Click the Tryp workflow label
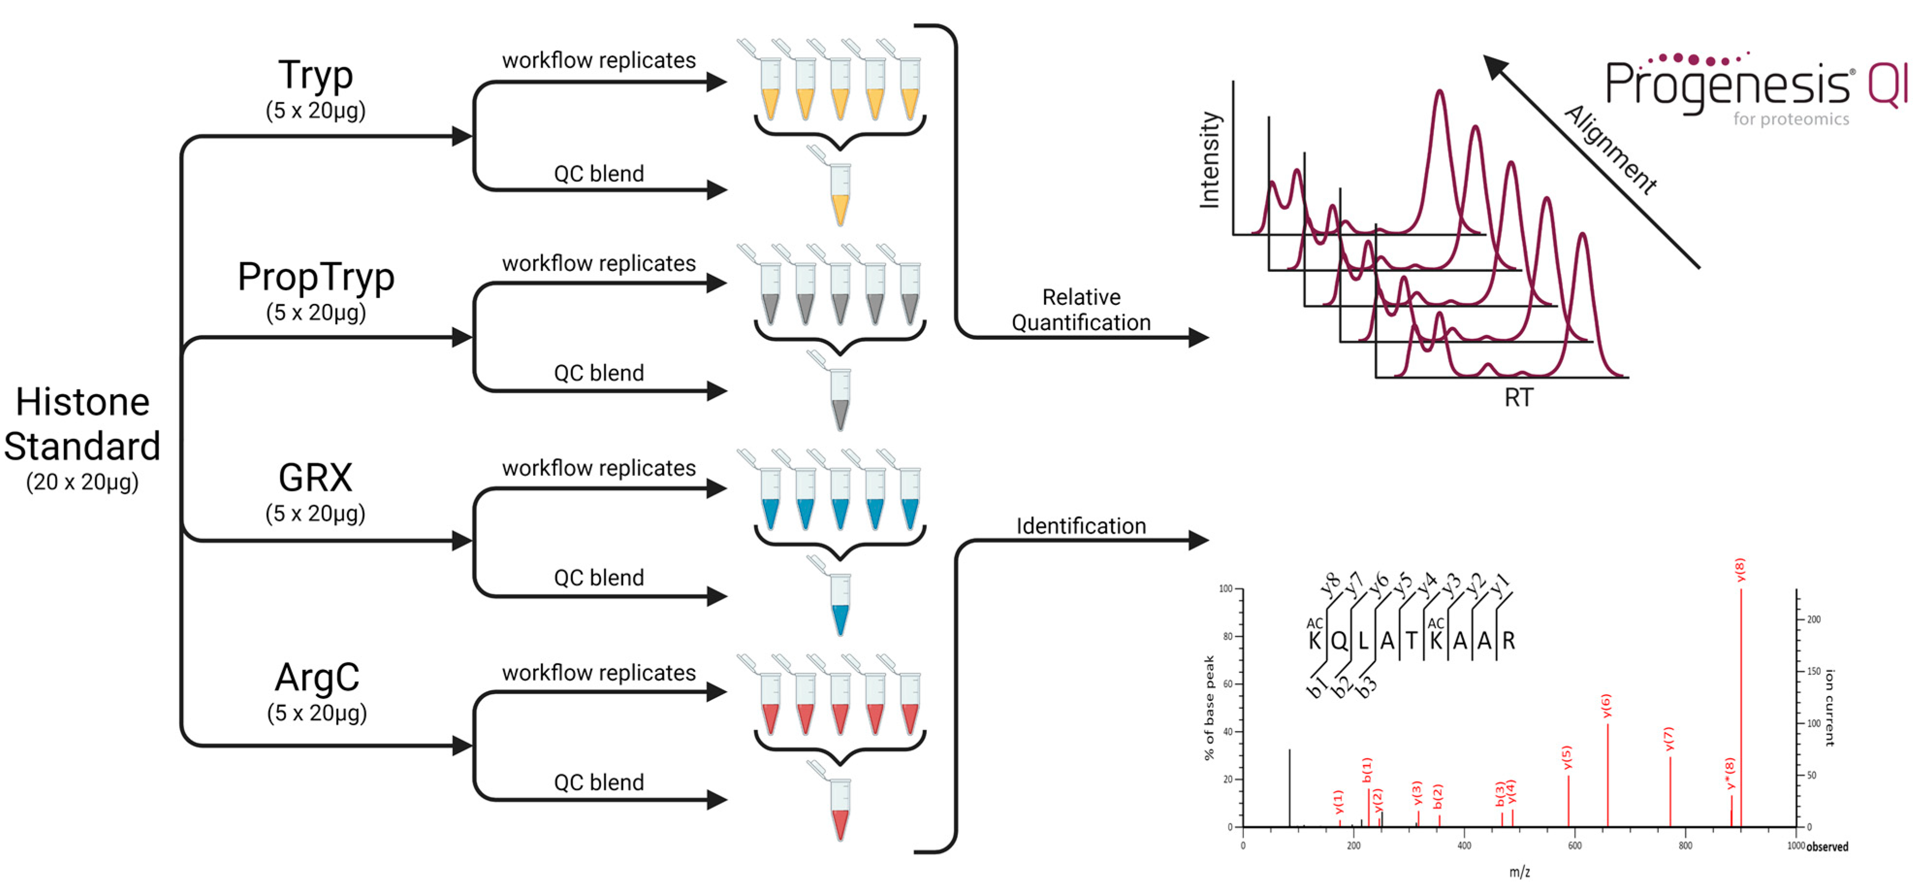click(316, 76)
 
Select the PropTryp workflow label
click(316, 277)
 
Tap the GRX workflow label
click(316, 477)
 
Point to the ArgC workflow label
click(317, 678)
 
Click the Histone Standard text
click(82, 424)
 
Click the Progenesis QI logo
click(1756, 86)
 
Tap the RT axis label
click(1518, 398)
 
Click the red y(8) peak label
click(1740, 571)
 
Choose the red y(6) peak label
click(1607, 706)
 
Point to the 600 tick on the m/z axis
click(1575, 846)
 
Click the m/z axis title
click(1519, 872)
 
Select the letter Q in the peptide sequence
click(1338, 641)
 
